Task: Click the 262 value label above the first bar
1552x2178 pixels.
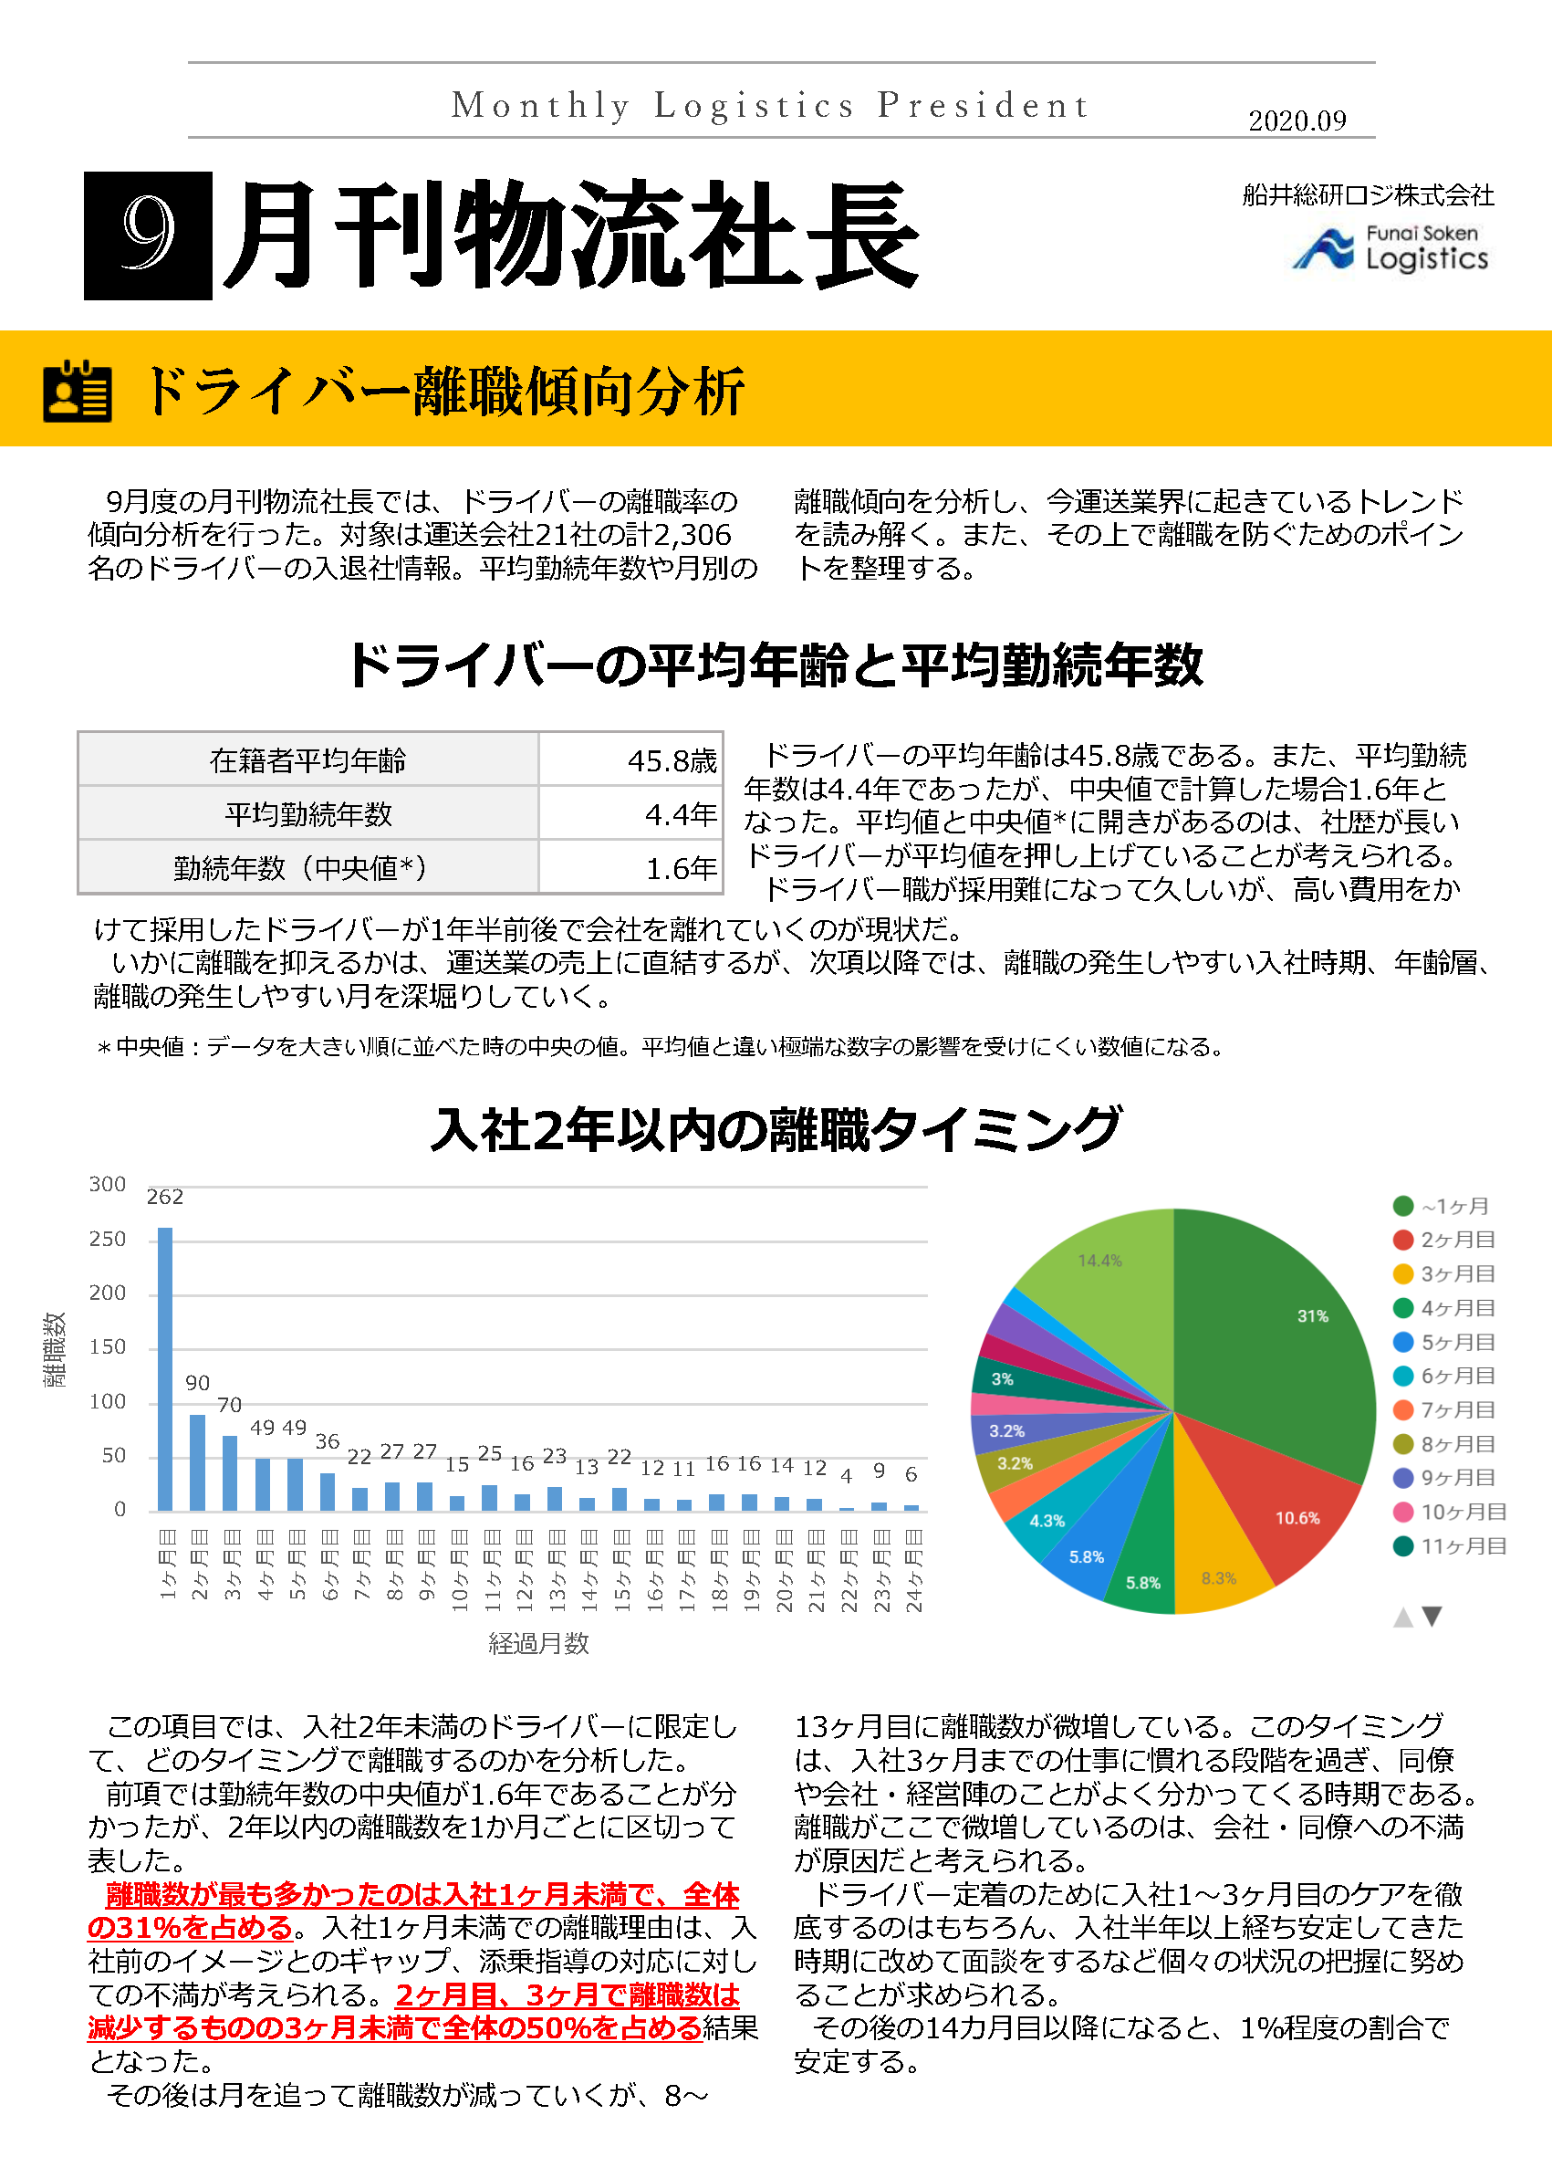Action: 165,1197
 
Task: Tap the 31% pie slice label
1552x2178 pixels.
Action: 1312,1316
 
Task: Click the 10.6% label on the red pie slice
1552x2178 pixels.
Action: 1297,1518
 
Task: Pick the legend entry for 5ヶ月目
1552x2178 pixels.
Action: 1444,1343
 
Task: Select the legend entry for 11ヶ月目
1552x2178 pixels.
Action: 1449,1546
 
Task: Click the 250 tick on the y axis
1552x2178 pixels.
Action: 107,1239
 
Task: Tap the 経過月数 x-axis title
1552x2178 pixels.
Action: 538,1643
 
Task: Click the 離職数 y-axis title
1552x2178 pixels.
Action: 55,1349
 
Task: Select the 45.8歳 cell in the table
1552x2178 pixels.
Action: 672,761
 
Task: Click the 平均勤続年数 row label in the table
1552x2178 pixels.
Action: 308,814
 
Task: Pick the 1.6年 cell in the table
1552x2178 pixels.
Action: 681,868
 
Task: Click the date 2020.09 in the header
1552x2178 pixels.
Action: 1297,121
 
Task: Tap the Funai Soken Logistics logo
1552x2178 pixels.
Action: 1391,248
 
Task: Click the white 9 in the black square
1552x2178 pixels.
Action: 148,236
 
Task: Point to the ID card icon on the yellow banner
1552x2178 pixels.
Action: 78,391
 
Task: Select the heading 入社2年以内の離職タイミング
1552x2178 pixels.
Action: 776,1130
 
